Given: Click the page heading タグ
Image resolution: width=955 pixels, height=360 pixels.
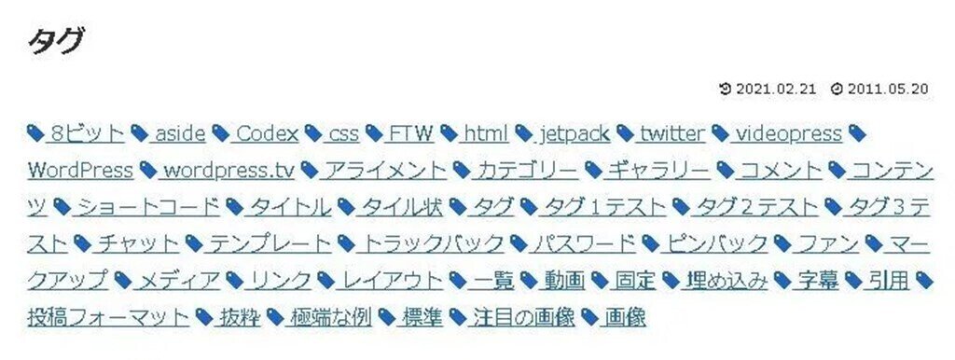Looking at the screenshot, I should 57,41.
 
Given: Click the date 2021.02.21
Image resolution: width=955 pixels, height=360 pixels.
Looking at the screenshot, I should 776,89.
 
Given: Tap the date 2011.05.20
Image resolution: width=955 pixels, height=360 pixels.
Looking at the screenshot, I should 888,89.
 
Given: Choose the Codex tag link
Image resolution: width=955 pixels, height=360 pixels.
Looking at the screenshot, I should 266,133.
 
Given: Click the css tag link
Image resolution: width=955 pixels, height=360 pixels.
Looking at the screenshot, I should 342,133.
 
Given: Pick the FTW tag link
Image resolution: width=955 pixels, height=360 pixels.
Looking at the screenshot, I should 410,133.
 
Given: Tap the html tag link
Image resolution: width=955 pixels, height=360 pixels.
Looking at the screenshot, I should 485,133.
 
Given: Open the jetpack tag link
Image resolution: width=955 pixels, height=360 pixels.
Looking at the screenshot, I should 574,133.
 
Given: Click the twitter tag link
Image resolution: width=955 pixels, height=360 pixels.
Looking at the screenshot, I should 671,133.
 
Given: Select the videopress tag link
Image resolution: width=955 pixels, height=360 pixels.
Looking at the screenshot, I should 788,133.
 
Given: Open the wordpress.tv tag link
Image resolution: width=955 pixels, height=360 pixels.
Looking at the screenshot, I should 227,171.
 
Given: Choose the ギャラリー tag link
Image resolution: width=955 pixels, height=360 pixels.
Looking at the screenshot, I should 657,171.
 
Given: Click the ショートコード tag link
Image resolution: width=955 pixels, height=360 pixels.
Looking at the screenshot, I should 147,207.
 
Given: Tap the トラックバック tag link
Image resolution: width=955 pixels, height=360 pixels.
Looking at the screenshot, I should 432,244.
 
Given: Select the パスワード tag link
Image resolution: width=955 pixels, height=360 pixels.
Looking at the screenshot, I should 584,244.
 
